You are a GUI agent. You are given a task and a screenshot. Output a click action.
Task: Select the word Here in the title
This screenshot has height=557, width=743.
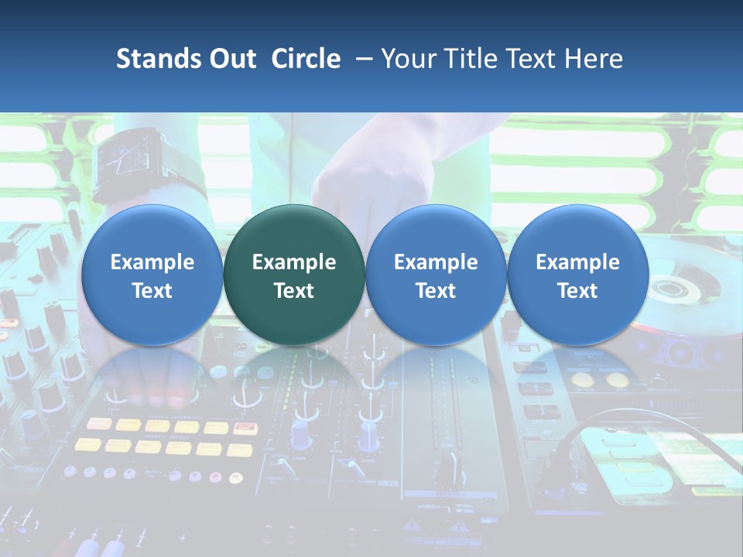594,59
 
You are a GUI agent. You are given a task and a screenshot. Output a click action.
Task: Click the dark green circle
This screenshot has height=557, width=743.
294,275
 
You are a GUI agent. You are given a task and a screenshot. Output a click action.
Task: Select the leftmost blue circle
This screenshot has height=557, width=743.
152,275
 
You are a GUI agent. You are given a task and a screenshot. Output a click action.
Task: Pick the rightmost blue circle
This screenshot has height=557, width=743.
578,275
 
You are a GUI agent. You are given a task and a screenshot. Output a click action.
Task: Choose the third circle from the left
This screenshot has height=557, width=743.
436,275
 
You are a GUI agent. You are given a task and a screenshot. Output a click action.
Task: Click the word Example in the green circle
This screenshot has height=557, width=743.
294,262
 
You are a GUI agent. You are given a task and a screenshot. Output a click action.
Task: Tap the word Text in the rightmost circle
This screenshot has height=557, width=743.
578,291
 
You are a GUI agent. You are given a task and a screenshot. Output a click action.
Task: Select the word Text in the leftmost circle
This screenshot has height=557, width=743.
152,291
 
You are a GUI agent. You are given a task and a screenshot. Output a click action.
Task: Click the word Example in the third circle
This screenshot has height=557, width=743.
436,262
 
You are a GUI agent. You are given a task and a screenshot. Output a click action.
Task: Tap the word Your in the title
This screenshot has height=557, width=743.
407,59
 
